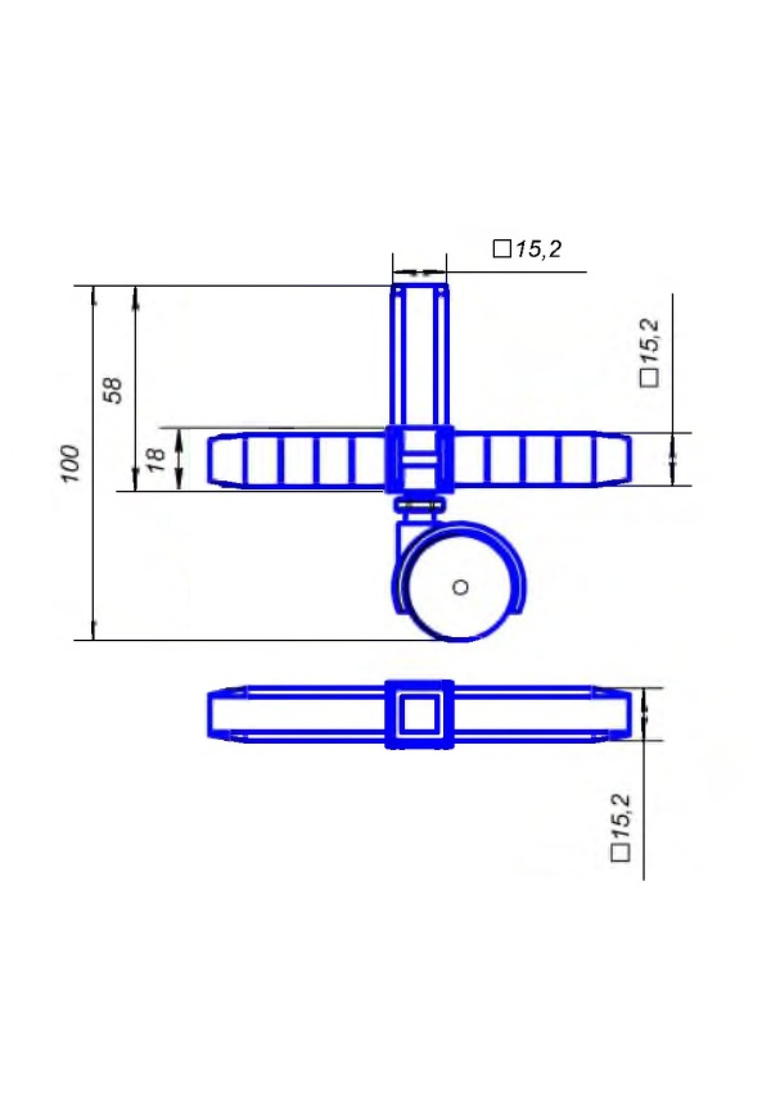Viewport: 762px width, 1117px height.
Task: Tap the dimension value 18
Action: point(156,459)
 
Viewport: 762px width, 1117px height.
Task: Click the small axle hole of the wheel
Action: point(460,587)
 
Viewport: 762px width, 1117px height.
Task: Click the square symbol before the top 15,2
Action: point(502,249)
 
